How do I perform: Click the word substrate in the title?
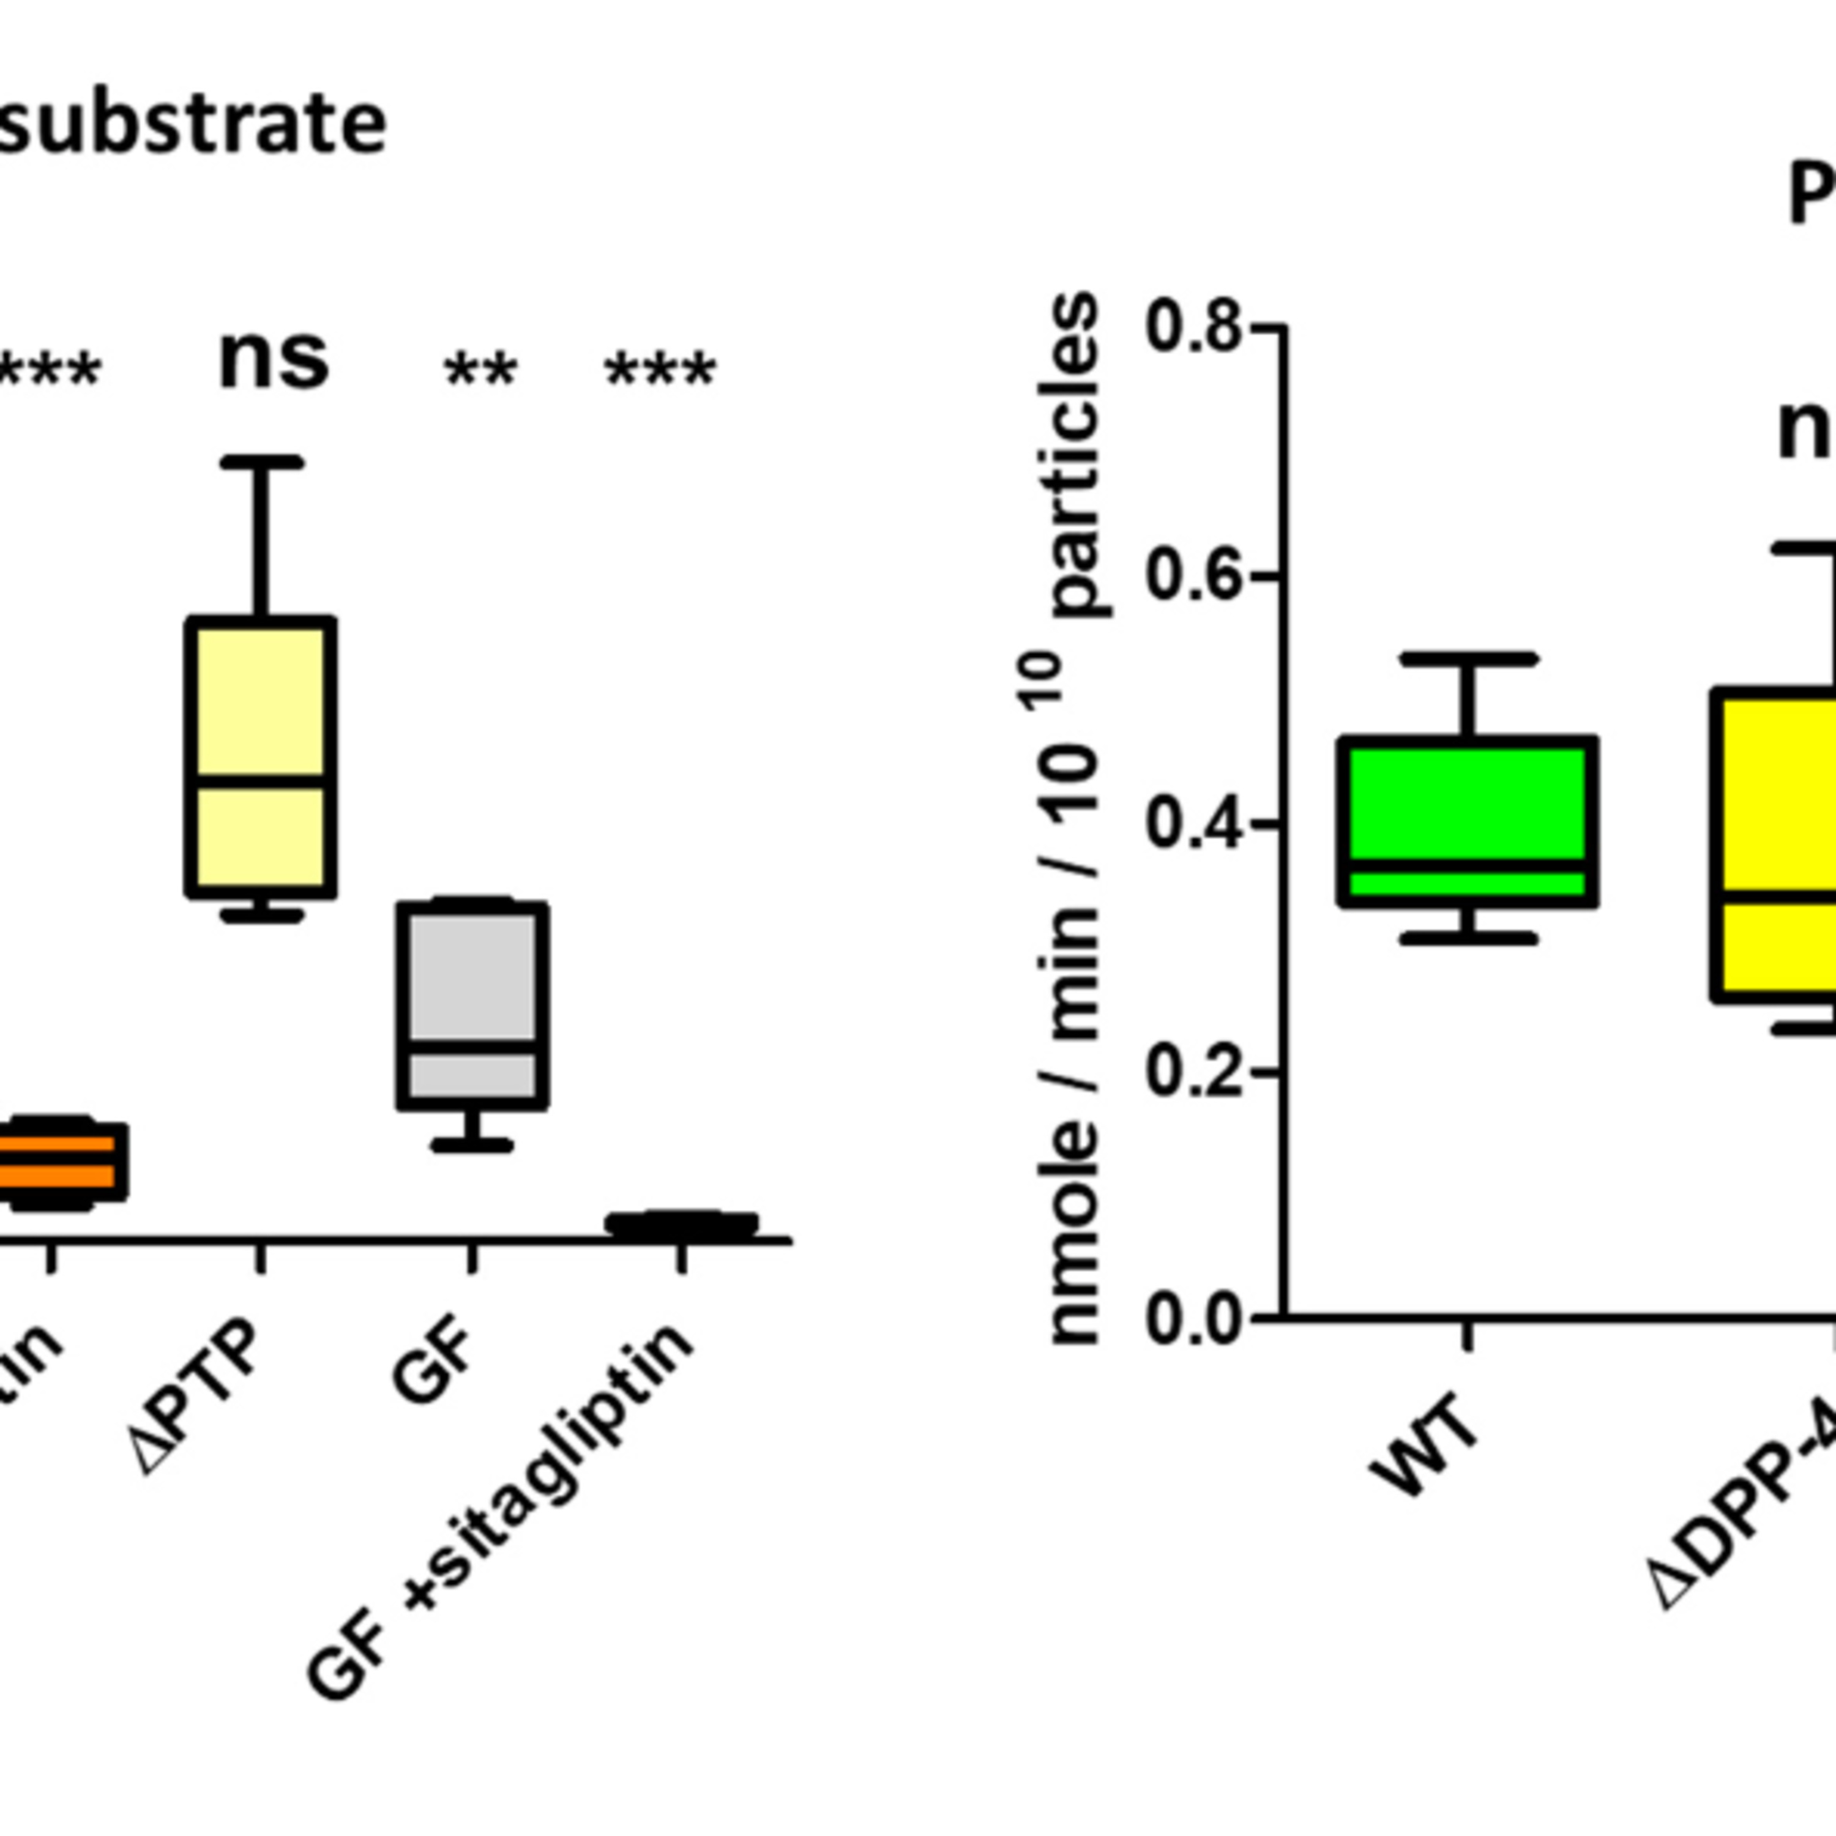[x=190, y=124]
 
